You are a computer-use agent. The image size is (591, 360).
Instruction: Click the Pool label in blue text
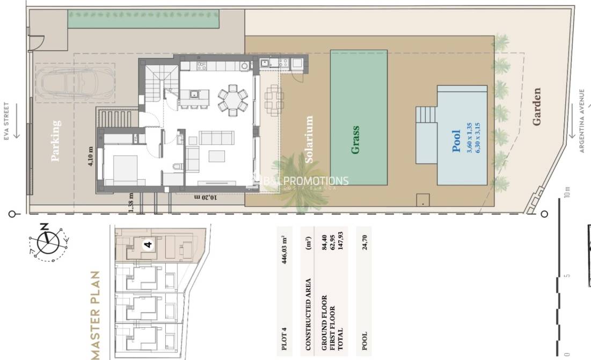tap(456, 141)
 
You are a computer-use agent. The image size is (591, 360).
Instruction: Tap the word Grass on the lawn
tap(355, 141)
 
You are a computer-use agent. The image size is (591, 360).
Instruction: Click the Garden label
tap(536, 107)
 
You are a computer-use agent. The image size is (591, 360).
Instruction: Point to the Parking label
tap(56, 141)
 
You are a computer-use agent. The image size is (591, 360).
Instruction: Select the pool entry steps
tap(427, 115)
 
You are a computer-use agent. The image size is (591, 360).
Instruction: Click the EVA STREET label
tap(7, 121)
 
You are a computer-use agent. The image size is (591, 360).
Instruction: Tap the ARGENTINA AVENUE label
tap(581, 121)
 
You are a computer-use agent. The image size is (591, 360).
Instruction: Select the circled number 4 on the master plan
tap(149, 244)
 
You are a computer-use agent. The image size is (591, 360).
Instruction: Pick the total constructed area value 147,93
tap(339, 250)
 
